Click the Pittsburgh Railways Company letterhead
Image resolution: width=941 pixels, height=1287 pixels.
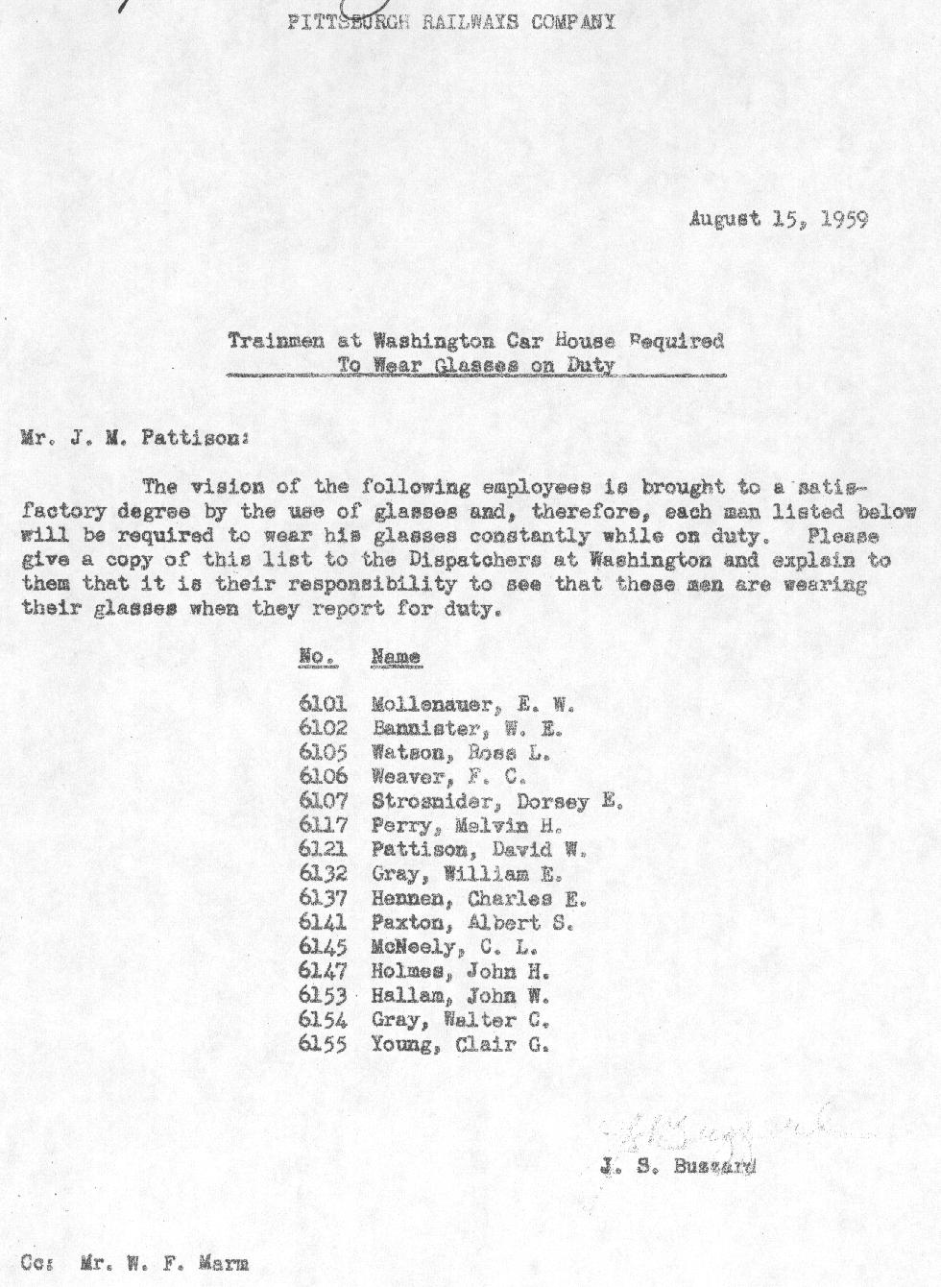451,22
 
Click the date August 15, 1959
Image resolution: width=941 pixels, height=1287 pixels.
778,219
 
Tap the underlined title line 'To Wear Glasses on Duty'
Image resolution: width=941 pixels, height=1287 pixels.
476,365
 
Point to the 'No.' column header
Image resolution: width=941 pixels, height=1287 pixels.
316,657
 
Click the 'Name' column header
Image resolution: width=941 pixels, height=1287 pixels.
396,657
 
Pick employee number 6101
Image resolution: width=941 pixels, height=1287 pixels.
323,704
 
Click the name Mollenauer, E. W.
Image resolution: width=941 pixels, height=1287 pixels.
472,704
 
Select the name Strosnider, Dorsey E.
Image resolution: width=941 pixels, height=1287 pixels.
497,801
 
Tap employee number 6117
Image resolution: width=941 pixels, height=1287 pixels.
323,825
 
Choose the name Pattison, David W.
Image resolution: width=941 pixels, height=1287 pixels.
478,849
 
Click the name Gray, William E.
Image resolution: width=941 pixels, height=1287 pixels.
466,874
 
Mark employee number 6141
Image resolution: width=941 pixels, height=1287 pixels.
323,923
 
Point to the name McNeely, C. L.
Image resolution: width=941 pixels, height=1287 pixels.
454,947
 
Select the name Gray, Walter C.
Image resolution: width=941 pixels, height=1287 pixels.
459,1020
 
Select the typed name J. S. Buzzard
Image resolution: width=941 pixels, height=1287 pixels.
677,1167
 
